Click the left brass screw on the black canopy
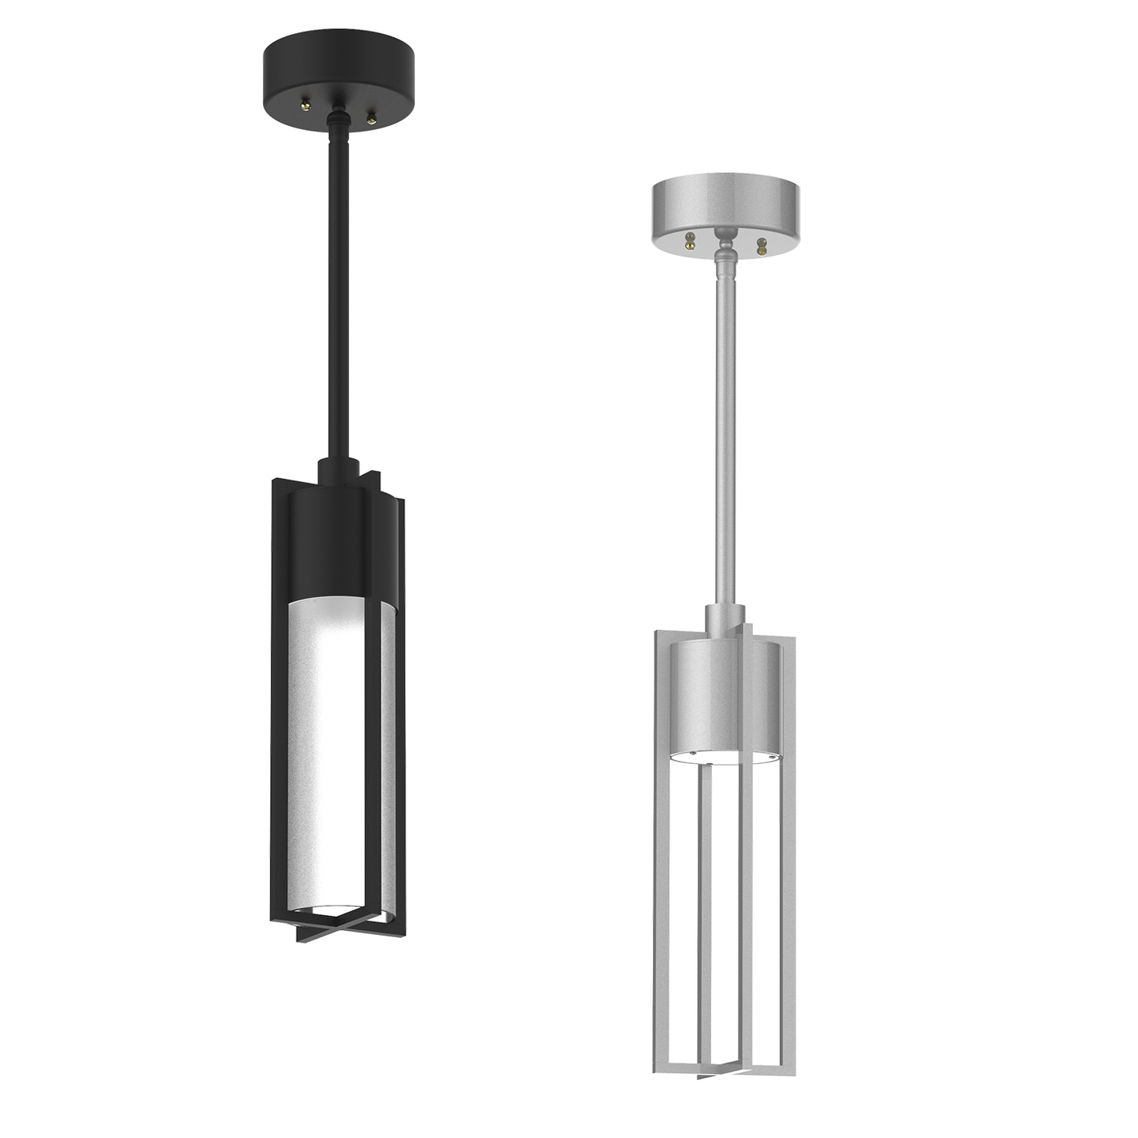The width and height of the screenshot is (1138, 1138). click(305, 103)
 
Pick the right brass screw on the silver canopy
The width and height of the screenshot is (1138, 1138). click(760, 245)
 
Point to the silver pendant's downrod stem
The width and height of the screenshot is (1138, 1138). click(724, 433)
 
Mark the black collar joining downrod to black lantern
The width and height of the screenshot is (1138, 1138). click(339, 470)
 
